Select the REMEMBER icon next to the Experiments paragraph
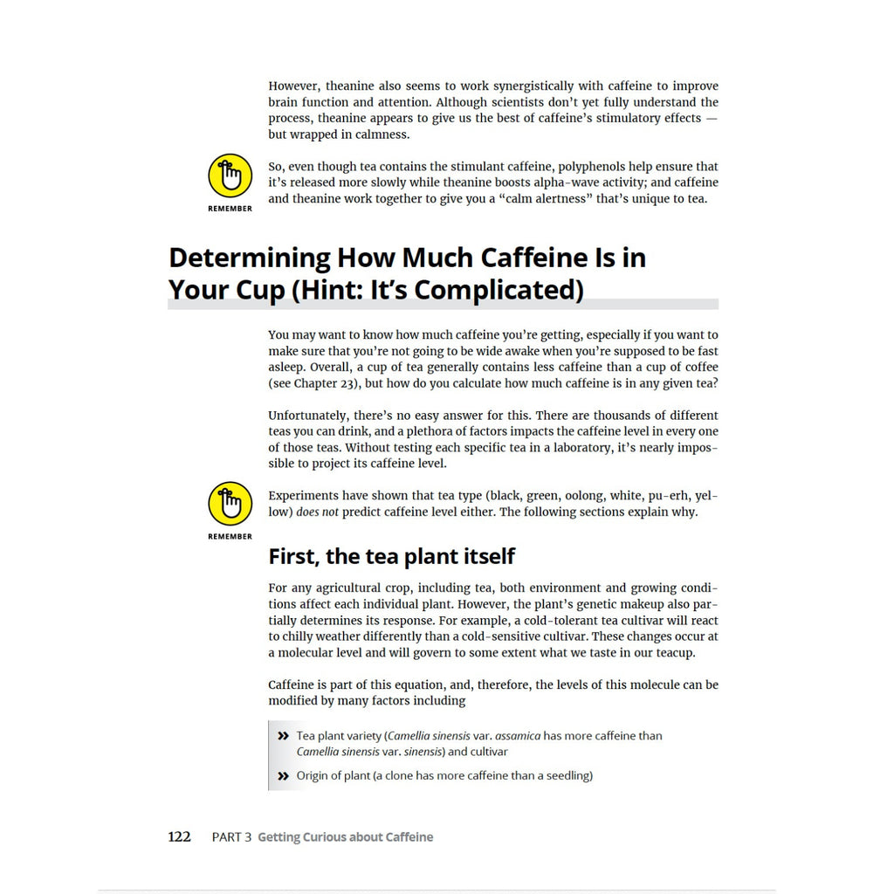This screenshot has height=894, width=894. coord(230,504)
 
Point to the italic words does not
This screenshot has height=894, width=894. coord(317,512)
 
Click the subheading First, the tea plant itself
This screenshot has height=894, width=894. coord(391,556)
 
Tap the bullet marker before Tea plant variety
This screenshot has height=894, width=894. coord(283,736)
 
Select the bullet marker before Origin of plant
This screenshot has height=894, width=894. coord(283,775)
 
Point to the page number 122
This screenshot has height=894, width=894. coord(179,836)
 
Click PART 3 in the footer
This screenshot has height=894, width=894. coord(231,837)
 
